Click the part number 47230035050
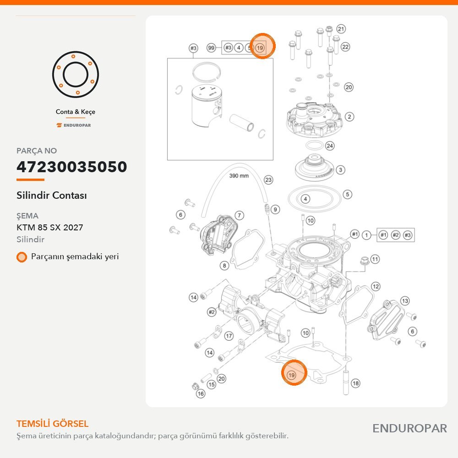(71, 167)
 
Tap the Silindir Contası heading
(52, 196)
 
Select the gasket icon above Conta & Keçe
(76, 75)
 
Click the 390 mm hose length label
(239, 176)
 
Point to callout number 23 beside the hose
(268, 180)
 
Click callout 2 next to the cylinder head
(349, 117)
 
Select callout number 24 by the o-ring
(330, 146)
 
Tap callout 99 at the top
(211, 48)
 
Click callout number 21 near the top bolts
(341, 29)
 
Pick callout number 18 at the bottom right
(355, 383)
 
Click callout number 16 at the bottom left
(201, 394)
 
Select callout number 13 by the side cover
(405, 301)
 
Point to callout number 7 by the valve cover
(239, 216)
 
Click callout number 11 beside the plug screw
(375, 259)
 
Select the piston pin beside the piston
(241, 123)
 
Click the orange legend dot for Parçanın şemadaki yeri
(22, 257)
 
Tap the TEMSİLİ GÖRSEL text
(52, 424)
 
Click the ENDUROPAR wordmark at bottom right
(409, 429)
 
